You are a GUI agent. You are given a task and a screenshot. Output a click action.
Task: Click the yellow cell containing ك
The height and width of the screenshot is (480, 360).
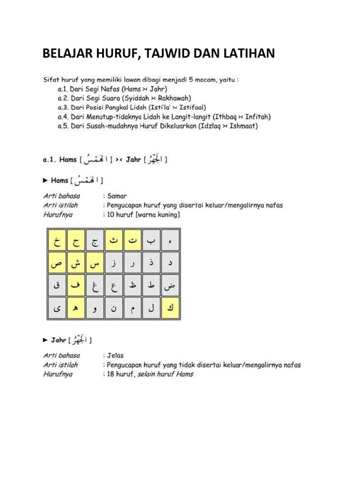coord(171,308)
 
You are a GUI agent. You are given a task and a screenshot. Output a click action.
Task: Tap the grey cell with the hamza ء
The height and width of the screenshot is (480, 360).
coord(171,241)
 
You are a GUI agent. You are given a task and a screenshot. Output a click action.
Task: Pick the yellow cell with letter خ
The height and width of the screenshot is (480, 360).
coord(57,241)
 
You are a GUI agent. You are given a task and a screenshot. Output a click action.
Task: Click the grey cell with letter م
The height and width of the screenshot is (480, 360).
coord(133,308)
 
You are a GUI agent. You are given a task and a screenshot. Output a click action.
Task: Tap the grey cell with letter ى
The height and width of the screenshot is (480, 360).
coord(57,308)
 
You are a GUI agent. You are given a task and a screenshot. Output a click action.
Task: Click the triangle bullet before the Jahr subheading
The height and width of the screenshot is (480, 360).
coord(45,340)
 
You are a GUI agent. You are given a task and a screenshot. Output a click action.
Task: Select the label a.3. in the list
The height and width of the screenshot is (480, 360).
coord(64,107)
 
